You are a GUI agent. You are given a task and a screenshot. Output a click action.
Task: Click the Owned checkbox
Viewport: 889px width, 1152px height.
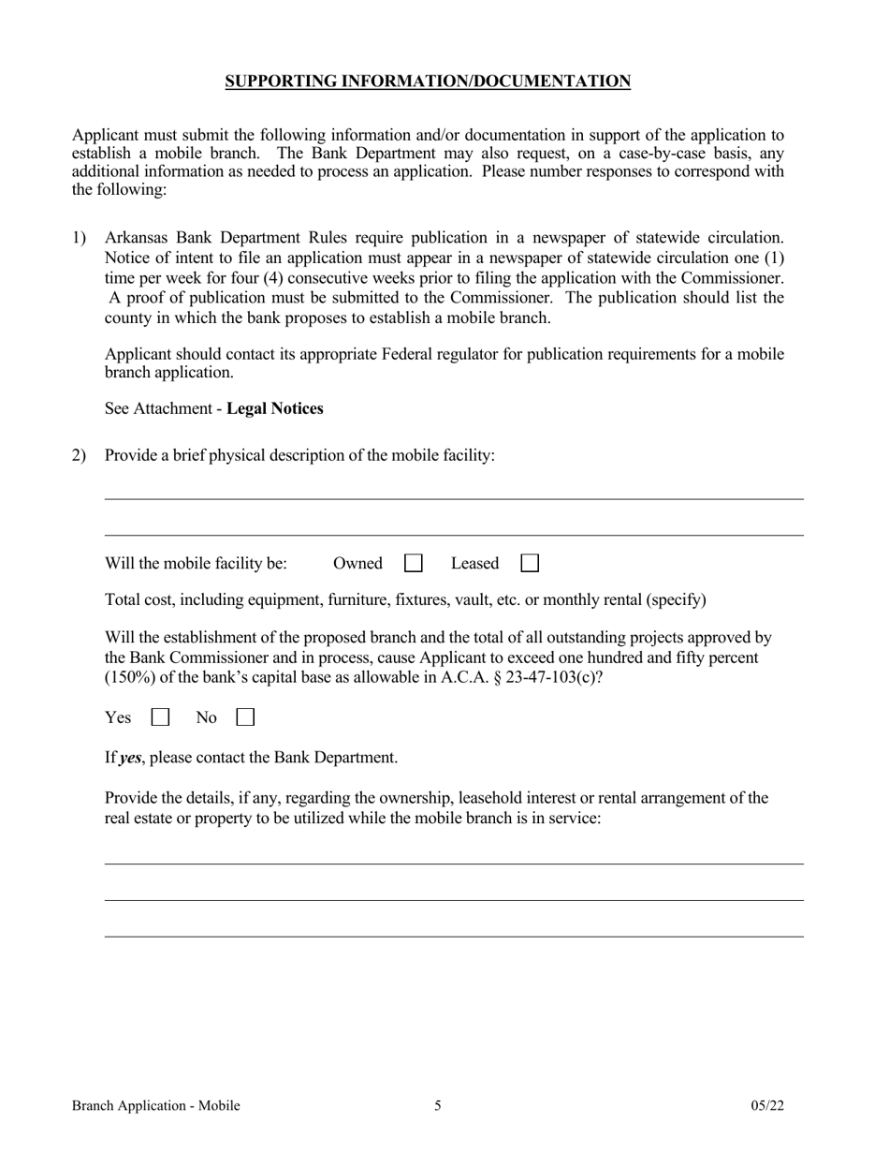click(413, 564)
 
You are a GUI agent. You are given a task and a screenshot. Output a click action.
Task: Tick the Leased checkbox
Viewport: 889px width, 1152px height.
click(529, 564)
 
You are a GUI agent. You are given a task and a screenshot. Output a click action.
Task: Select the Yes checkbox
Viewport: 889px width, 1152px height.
click(161, 718)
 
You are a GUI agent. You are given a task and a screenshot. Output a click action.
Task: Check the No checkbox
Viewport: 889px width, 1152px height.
click(245, 718)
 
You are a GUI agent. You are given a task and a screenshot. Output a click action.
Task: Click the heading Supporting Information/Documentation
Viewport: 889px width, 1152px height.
click(428, 81)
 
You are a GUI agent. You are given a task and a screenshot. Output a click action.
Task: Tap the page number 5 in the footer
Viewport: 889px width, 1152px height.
click(438, 1106)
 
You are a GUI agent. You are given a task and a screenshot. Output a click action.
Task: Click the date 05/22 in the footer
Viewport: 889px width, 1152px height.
click(767, 1106)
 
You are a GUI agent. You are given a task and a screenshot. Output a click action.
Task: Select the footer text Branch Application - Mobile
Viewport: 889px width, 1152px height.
click(155, 1106)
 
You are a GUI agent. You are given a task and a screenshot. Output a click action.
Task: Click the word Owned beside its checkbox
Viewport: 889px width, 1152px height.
click(357, 564)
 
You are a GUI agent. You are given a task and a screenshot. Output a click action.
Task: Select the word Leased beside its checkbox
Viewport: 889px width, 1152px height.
click(474, 564)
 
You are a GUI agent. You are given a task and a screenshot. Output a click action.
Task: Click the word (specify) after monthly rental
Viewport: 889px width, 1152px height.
click(677, 599)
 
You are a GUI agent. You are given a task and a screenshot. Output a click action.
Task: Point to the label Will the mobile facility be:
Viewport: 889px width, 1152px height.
click(196, 564)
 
